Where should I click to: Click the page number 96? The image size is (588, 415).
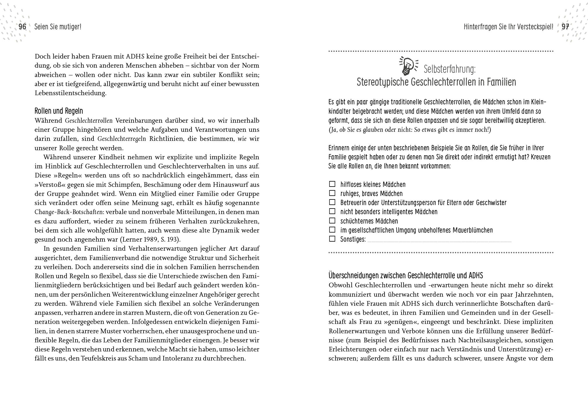(x=23, y=27)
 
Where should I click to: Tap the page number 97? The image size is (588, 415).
(x=565, y=27)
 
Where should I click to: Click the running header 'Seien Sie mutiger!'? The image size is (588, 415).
(x=58, y=27)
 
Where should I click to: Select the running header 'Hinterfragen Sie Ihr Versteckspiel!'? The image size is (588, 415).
(x=508, y=27)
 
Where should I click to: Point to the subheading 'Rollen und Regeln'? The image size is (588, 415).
(x=59, y=111)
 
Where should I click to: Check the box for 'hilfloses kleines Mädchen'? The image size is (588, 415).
(x=332, y=184)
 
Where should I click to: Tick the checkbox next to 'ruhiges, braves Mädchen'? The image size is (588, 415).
(x=332, y=193)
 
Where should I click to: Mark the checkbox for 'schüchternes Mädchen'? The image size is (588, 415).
(x=332, y=221)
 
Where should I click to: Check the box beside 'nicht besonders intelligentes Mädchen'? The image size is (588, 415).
(x=332, y=211)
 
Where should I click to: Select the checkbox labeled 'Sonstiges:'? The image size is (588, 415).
(x=332, y=239)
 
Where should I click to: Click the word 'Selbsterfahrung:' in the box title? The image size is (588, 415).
(x=449, y=70)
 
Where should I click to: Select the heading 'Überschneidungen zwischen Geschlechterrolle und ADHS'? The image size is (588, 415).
(x=406, y=276)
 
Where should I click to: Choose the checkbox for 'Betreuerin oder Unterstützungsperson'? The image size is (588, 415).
(x=332, y=202)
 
